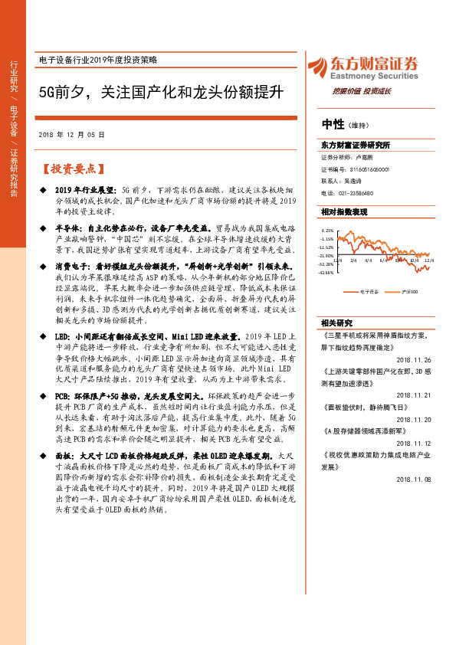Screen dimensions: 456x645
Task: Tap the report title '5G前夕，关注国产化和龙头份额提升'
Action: click(161, 91)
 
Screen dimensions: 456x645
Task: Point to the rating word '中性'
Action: click(333, 124)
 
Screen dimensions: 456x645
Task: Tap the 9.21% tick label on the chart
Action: click(327, 230)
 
